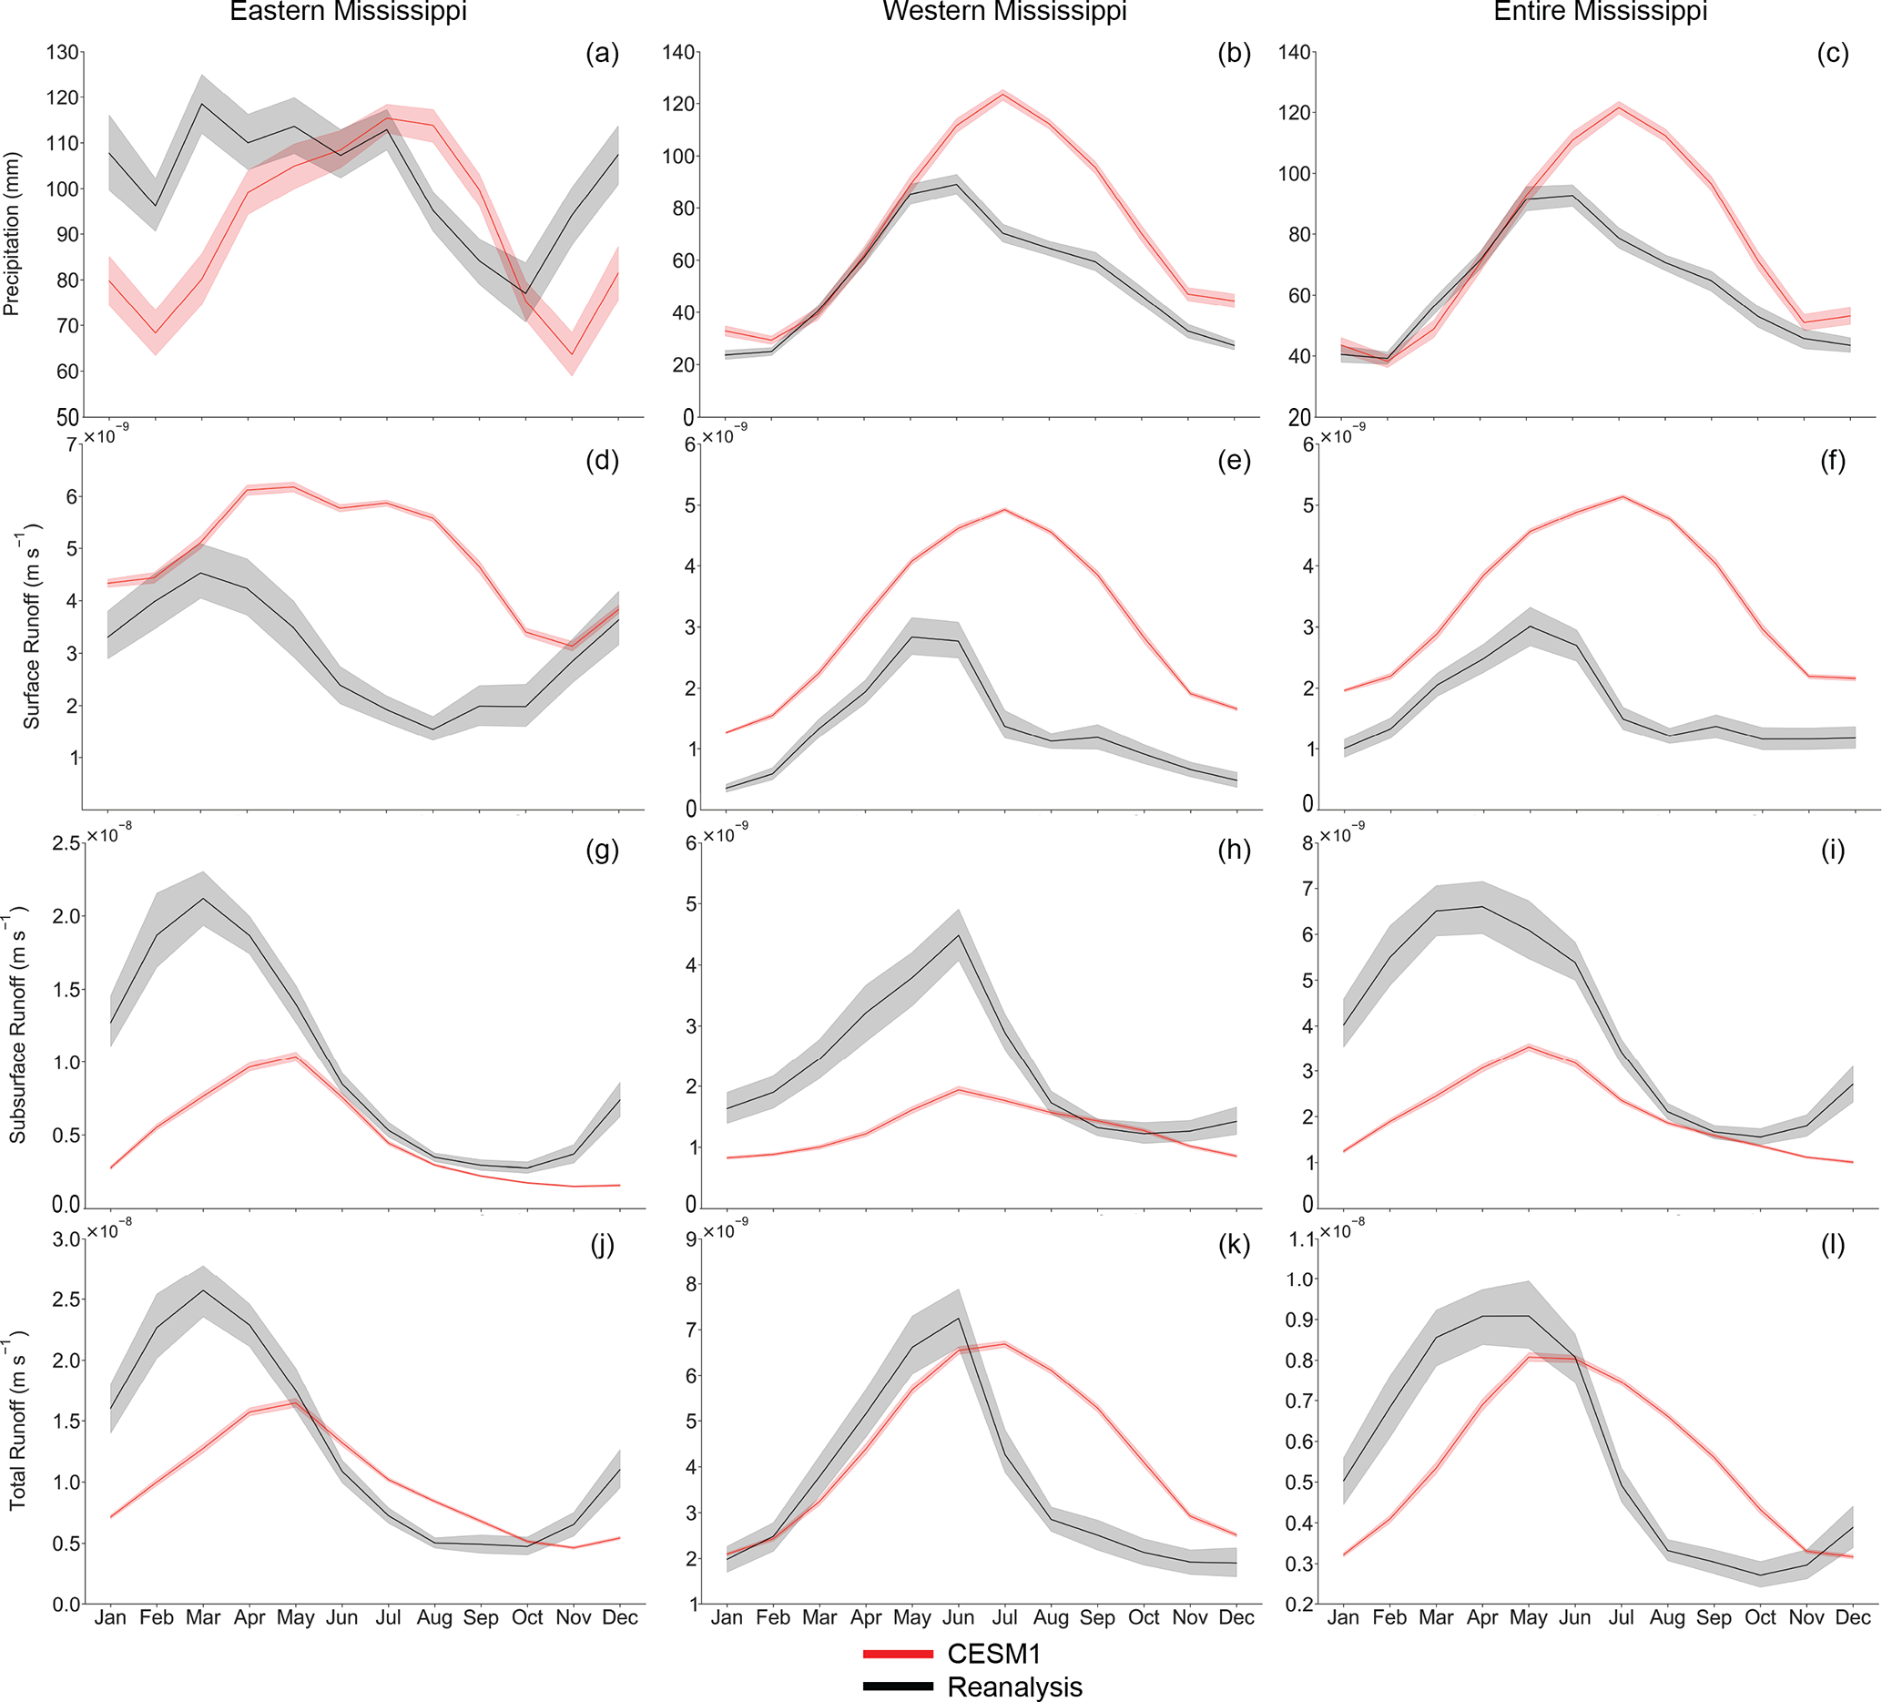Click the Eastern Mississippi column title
click(347, 12)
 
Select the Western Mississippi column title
click(1004, 12)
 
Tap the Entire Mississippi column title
click(1600, 12)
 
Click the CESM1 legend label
click(993, 1654)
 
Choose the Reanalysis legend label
click(1014, 1687)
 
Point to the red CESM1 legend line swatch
click(897, 1655)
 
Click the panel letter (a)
click(602, 53)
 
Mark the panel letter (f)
click(1833, 460)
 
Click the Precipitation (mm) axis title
click(12, 233)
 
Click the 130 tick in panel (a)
click(63, 52)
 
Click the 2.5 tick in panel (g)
click(66, 844)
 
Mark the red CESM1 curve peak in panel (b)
click(1003, 95)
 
